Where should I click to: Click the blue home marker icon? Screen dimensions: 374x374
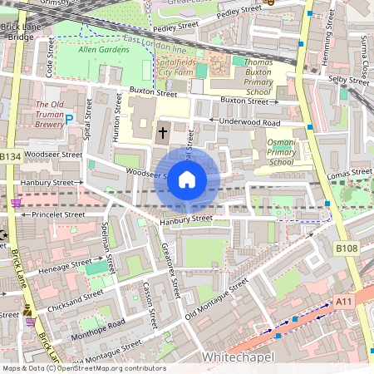(187, 178)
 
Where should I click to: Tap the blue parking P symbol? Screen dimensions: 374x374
(69, 120)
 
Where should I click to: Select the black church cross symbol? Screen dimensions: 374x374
(163, 130)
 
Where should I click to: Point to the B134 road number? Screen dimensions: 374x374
(10, 156)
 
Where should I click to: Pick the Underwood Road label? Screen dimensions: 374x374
(244, 121)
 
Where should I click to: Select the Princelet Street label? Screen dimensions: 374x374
(54, 214)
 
